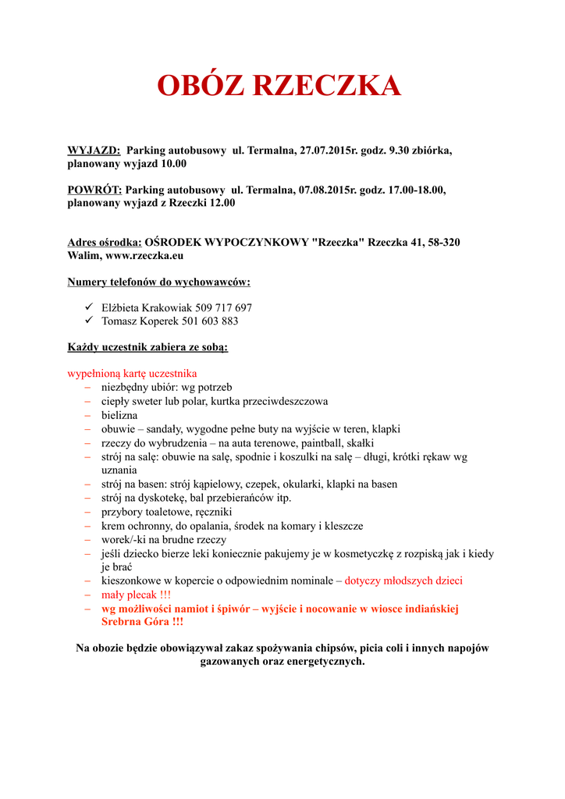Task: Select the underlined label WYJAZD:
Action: pyautogui.click(x=94, y=150)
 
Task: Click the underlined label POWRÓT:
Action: pyautogui.click(x=94, y=190)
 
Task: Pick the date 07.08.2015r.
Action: pyautogui.click(x=326, y=190)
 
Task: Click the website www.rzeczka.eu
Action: pyautogui.click(x=144, y=255)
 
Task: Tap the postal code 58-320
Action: pyautogui.click(x=442, y=242)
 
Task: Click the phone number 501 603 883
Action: pyautogui.click(x=209, y=321)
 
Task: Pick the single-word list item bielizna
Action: pyautogui.click(x=119, y=415)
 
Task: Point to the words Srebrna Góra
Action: pyautogui.click(x=137, y=622)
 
